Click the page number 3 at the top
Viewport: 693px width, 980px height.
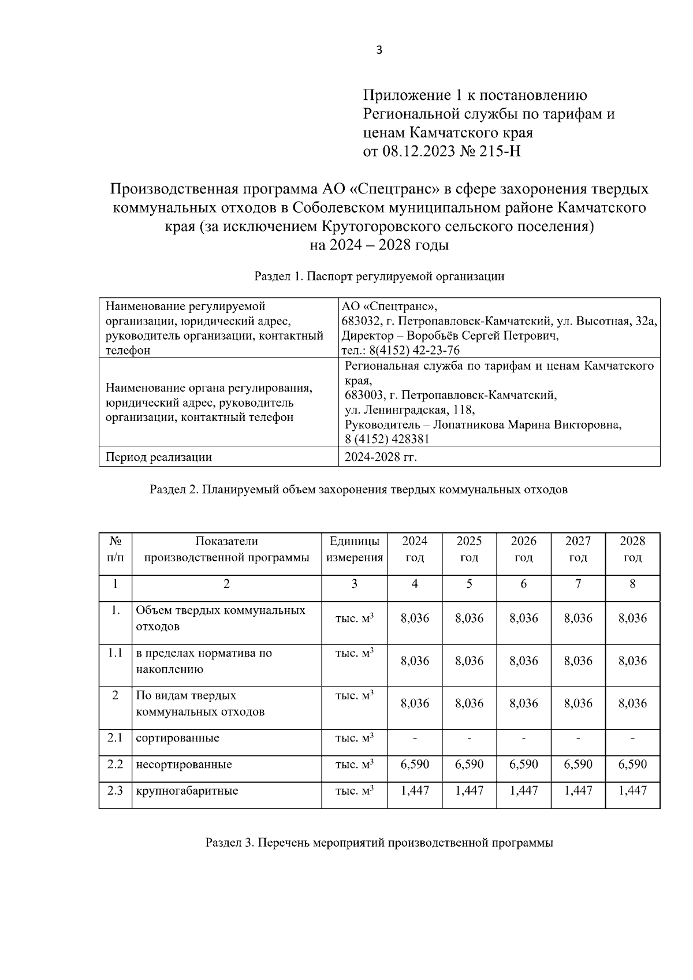(379, 50)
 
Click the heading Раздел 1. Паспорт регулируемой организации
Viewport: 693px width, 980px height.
(379, 277)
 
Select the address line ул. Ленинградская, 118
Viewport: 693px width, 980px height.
(409, 410)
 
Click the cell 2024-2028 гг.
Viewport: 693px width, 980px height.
(381, 457)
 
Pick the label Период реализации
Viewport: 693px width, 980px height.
(159, 457)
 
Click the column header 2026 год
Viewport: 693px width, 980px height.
(523, 549)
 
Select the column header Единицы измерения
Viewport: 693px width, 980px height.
(355, 549)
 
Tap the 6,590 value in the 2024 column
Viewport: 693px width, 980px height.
(415, 765)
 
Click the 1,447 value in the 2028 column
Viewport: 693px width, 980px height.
(632, 791)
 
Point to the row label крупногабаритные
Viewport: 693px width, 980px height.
(187, 791)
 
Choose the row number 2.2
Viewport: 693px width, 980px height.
(115, 765)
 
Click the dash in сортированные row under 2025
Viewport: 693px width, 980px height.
(469, 739)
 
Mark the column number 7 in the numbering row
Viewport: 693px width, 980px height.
(578, 584)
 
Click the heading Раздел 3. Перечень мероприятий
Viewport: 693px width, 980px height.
(379, 843)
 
